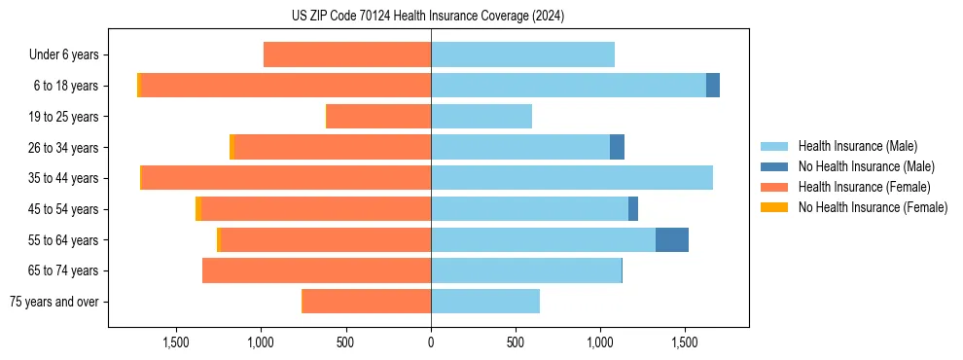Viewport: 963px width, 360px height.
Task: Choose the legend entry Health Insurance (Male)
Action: [857, 146]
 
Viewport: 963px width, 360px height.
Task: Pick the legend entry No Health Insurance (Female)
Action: [873, 207]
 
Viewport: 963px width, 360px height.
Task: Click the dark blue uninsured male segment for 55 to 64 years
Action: [672, 240]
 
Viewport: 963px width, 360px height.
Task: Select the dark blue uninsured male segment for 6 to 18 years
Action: [713, 86]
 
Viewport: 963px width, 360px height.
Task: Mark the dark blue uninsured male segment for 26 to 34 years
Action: [617, 147]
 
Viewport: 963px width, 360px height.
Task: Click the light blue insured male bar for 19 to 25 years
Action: [481, 117]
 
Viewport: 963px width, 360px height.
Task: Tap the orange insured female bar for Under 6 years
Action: [347, 54]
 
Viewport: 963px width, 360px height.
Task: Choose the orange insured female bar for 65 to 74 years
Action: [316, 270]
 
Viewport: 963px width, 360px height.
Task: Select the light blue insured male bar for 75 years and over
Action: [485, 302]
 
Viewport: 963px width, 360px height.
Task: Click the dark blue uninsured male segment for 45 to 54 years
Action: [633, 209]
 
